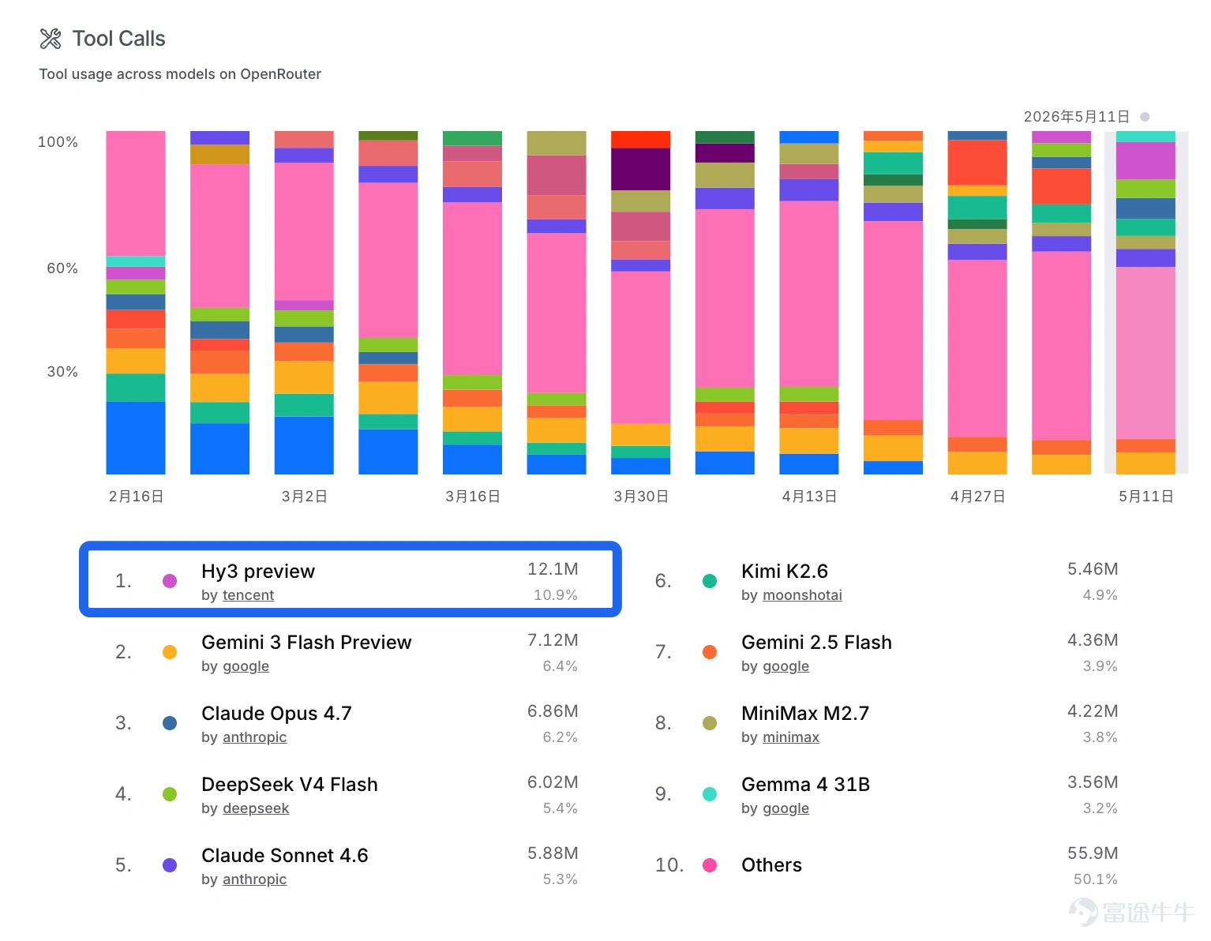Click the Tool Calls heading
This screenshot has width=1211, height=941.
point(118,39)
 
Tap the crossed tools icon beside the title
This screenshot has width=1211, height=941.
point(51,39)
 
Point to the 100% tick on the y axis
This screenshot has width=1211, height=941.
point(58,141)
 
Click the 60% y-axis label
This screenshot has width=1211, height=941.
point(62,268)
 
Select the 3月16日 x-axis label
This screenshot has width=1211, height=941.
point(473,496)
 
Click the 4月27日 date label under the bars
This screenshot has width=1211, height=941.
point(977,496)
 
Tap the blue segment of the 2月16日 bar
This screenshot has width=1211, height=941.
point(136,437)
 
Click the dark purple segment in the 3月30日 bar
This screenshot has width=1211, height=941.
point(640,169)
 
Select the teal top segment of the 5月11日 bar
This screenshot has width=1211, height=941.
point(1145,137)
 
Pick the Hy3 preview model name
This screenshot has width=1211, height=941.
point(258,571)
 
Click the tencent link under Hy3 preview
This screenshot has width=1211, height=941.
point(248,595)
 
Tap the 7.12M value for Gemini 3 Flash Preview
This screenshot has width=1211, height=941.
point(553,640)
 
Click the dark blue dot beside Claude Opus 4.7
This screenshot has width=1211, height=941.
point(170,723)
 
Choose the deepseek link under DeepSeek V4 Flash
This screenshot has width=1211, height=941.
point(256,808)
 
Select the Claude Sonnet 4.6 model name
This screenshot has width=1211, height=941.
point(285,855)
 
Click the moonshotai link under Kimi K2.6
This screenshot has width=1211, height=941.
point(802,595)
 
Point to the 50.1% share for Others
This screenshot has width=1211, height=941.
point(1095,879)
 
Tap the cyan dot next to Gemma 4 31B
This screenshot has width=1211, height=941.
point(710,794)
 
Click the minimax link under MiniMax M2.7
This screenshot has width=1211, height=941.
point(791,737)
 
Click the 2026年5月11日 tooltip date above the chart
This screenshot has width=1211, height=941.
point(1076,117)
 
